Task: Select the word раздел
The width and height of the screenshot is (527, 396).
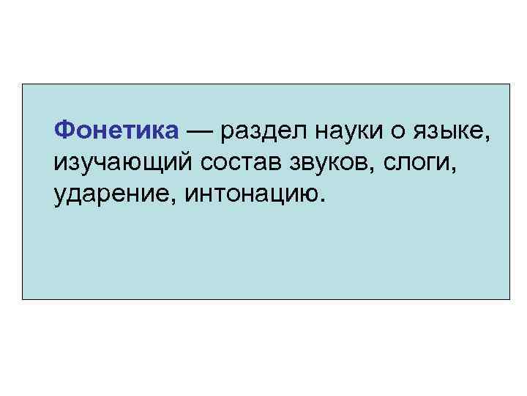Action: (x=259, y=132)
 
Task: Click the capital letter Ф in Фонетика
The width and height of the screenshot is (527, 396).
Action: (x=63, y=131)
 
